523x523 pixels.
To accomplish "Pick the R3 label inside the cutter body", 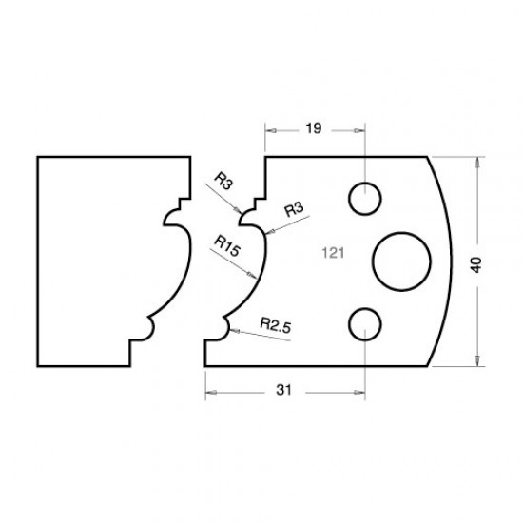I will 293,209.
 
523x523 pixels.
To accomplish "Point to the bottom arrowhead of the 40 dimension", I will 477,362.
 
